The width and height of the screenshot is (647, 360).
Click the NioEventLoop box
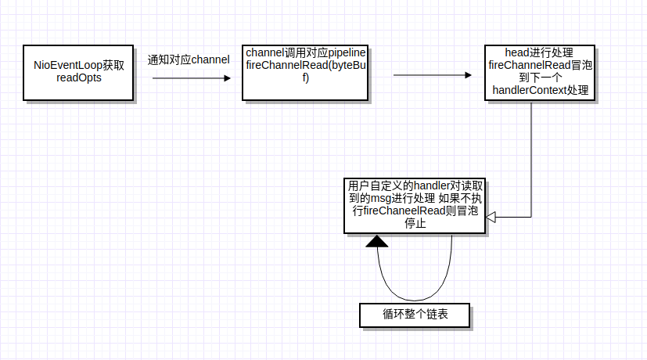(78, 73)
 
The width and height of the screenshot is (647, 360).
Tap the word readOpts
(79, 79)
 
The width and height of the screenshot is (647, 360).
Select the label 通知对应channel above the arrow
(189, 59)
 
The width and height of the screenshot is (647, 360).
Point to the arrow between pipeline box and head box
(430, 76)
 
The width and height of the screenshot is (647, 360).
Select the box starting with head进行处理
(540, 73)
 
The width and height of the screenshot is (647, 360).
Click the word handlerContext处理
(540, 92)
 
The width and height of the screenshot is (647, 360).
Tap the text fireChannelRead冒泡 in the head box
(540, 66)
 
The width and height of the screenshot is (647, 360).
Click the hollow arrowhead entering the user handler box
(491, 218)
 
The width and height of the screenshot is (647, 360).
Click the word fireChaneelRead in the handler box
(399, 211)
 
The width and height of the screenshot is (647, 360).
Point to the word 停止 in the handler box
(415, 224)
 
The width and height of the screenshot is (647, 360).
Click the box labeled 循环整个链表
(415, 315)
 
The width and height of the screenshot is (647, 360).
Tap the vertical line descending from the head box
(532, 157)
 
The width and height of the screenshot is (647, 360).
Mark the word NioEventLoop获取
(79, 66)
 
